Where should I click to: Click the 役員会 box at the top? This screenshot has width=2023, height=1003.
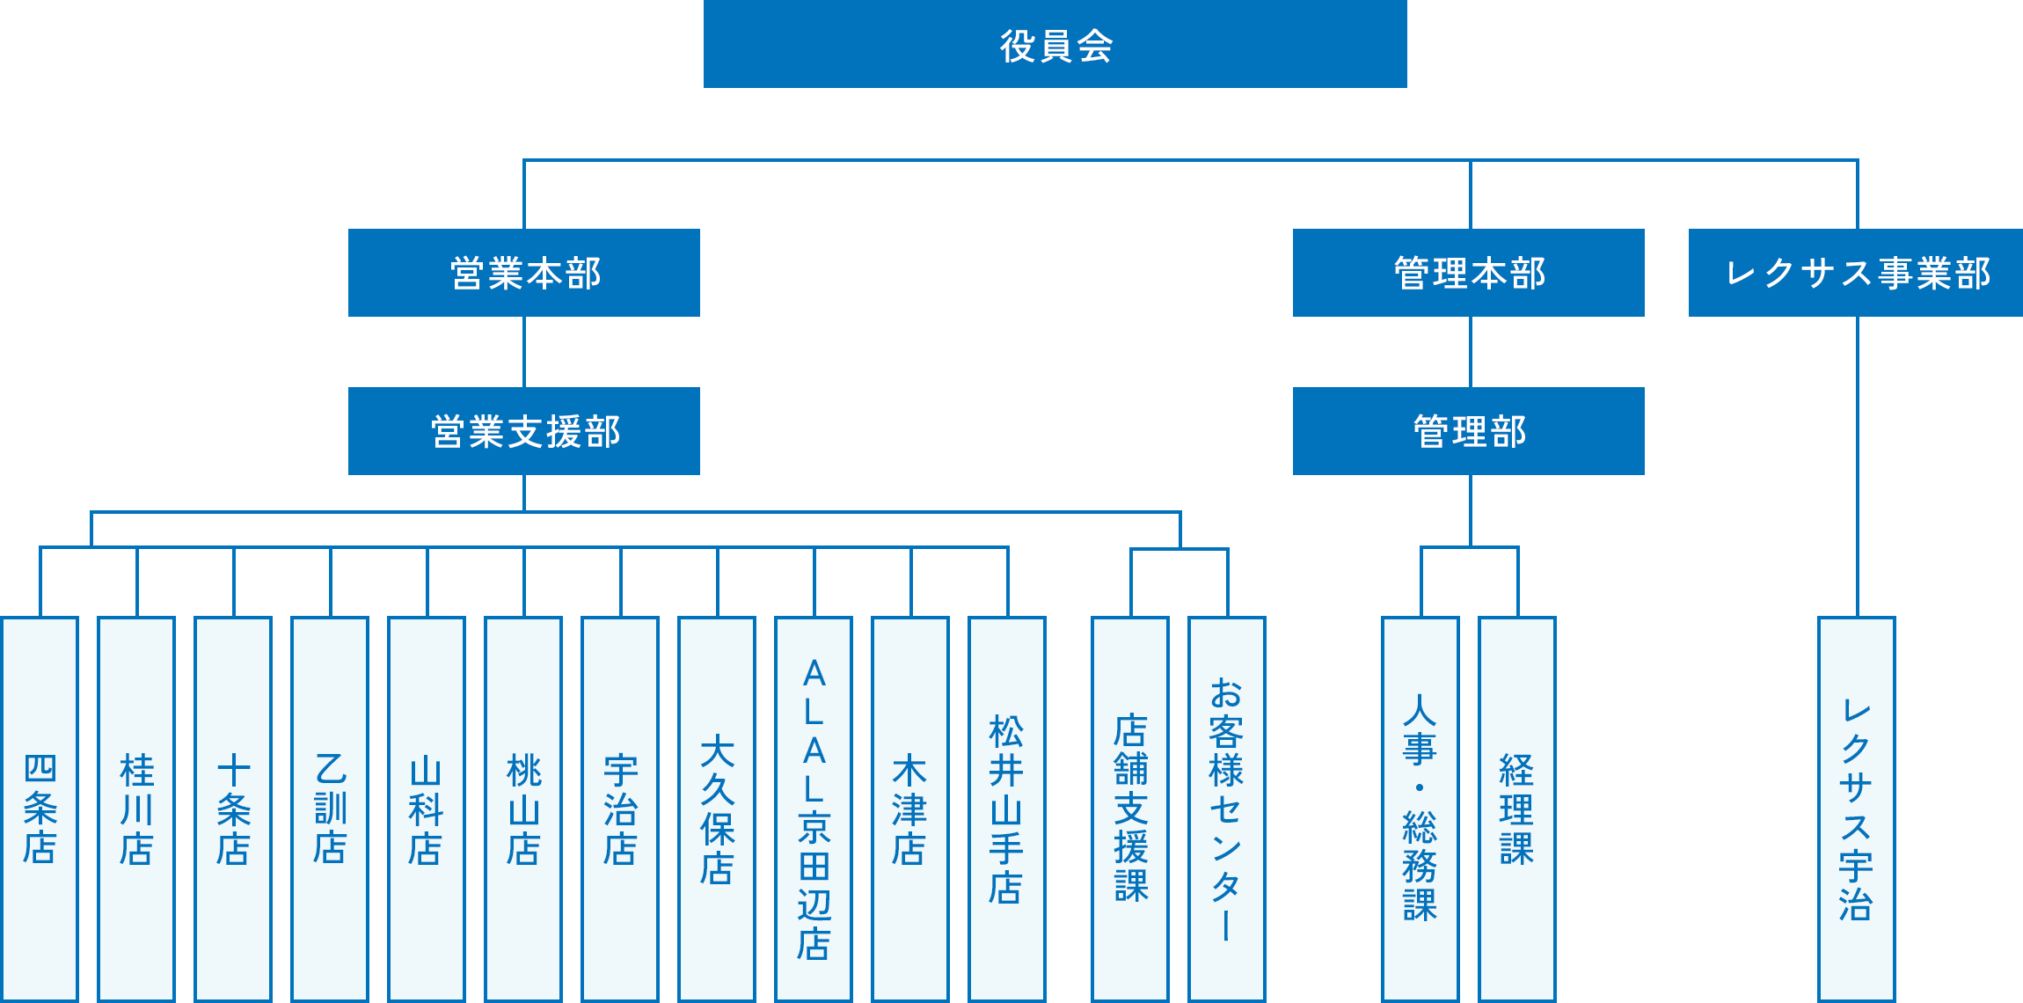pyautogui.click(x=1055, y=44)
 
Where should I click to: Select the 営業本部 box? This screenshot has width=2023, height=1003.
pyautogui.click(x=524, y=273)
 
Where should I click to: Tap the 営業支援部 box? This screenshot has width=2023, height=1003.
pyautogui.click(x=524, y=431)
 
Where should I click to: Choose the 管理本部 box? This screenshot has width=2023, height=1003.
pyautogui.click(x=1468, y=273)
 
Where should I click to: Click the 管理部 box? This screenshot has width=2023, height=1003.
pyautogui.click(x=1468, y=431)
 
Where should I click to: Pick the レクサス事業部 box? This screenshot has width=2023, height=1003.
pyautogui.click(x=1856, y=273)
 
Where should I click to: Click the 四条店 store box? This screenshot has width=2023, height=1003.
pyautogui.click(x=40, y=809)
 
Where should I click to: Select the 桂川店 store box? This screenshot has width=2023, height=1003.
pyautogui.click(x=136, y=809)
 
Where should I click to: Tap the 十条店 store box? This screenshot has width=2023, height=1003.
pyautogui.click(x=233, y=809)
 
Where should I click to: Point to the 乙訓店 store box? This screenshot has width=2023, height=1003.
pyautogui.click(x=330, y=809)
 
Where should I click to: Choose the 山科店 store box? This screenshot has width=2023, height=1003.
pyautogui.click(x=427, y=809)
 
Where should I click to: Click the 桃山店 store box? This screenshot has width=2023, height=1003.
pyautogui.click(x=523, y=809)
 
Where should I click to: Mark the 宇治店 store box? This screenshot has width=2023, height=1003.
pyautogui.click(x=620, y=809)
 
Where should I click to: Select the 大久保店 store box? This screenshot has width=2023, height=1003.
pyautogui.click(x=717, y=809)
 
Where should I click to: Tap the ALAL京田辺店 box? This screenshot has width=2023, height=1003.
pyautogui.click(x=814, y=809)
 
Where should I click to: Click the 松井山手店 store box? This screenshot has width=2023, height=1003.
pyautogui.click(x=1007, y=809)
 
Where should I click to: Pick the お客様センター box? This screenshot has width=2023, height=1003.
pyautogui.click(x=1227, y=809)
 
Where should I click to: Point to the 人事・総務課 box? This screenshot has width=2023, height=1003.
pyautogui.click(x=1420, y=809)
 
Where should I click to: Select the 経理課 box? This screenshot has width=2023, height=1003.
pyautogui.click(x=1517, y=809)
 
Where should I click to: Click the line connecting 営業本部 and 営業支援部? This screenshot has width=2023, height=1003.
pyautogui.click(x=524, y=352)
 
